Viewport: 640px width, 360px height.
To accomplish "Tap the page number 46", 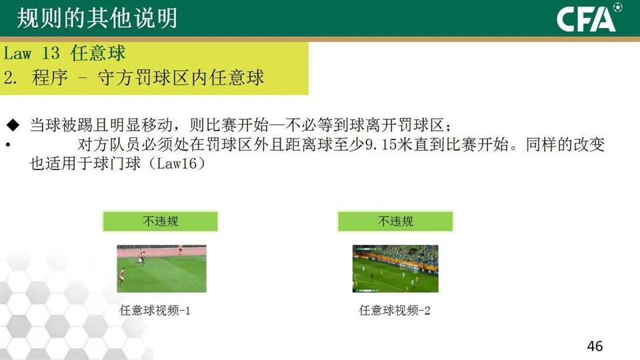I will coord(595,346).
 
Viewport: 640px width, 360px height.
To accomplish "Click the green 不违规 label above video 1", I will coord(161,221).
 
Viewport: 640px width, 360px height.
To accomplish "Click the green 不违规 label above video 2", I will coord(395,221).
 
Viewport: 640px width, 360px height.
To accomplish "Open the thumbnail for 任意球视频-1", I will coord(161,268).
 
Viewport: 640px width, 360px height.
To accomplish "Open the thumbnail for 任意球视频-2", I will coord(395,268).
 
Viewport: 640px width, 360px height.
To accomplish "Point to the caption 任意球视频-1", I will coord(155,310).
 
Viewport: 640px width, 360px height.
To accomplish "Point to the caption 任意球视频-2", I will coord(395,310).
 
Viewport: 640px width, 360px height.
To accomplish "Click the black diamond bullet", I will coord(13,125).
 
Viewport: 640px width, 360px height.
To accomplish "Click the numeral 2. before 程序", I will coord(10,77).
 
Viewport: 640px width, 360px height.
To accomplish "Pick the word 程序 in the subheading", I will coord(50,77).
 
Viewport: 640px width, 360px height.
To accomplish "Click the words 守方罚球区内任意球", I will coord(180,77).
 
